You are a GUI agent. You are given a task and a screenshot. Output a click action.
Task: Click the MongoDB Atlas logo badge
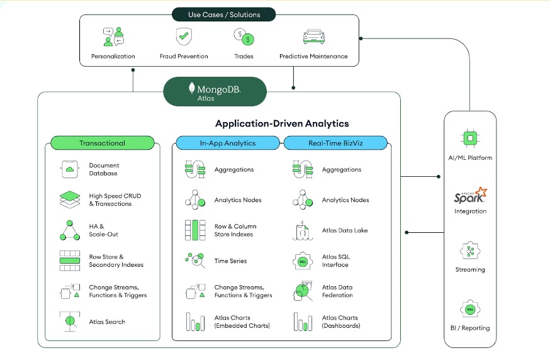click(215, 92)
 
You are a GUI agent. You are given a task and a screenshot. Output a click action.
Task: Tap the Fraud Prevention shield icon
click(183, 37)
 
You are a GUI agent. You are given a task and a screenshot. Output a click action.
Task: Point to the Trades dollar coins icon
click(244, 37)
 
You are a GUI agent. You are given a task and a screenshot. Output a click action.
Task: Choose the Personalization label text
click(114, 57)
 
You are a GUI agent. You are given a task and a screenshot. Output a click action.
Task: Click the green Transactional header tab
click(102, 143)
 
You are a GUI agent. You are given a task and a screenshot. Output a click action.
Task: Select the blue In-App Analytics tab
click(228, 143)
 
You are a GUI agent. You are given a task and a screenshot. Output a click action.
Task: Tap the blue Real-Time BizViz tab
click(335, 143)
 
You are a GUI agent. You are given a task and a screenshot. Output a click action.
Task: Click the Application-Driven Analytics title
click(282, 124)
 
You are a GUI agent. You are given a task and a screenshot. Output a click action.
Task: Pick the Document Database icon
click(69, 169)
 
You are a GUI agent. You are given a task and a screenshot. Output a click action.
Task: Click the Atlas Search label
click(107, 322)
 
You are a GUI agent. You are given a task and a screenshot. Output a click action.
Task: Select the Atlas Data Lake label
click(344, 230)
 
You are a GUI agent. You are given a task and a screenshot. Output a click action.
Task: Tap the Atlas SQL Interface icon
click(302, 261)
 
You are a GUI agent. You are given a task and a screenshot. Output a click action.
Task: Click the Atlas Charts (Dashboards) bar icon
click(302, 322)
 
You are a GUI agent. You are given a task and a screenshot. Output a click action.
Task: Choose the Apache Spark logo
click(470, 196)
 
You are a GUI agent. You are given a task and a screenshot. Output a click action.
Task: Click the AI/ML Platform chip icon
click(470, 138)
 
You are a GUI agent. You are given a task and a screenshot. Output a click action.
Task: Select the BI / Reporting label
click(470, 328)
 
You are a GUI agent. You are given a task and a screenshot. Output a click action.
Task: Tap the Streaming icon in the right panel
click(470, 251)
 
